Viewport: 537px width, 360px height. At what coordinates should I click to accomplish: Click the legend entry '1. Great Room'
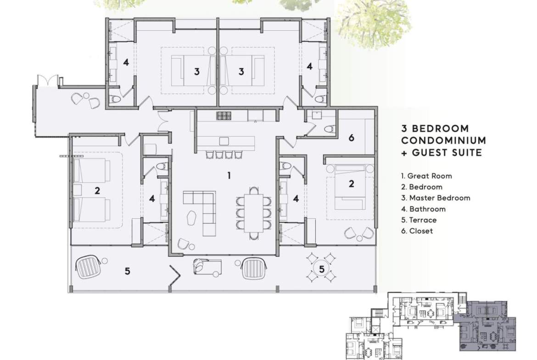tap(426, 176)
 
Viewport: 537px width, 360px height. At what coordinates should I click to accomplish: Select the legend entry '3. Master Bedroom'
tap(436, 198)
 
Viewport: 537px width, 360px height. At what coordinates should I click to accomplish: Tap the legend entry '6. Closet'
tap(417, 231)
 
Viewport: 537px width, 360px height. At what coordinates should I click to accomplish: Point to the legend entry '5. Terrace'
tap(419, 220)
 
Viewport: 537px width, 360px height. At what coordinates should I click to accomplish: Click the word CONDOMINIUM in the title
tap(444, 140)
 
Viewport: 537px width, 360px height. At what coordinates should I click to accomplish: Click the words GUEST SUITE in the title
tap(447, 152)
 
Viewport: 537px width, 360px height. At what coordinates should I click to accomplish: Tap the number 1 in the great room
tap(229, 176)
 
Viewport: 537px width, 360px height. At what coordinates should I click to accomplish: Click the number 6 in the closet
tap(351, 138)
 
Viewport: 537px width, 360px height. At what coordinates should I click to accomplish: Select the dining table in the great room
tap(253, 213)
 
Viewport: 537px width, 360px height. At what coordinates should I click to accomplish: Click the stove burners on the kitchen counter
tap(224, 116)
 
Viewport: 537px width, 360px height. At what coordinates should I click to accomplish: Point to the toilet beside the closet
tap(329, 129)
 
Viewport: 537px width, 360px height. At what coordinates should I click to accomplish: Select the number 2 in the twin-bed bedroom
tap(97, 191)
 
